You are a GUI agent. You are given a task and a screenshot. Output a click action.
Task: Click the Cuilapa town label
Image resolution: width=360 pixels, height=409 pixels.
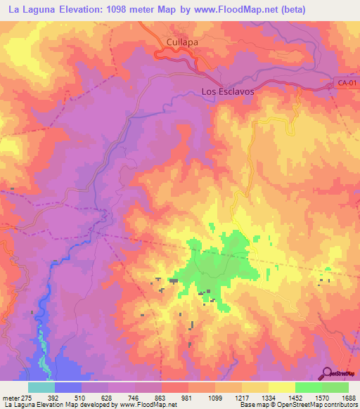tap(182, 42)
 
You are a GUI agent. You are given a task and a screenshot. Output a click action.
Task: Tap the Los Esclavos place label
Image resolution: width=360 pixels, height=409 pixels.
tap(227, 91)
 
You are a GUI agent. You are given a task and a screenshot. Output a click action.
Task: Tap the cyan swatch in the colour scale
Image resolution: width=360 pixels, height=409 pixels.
tap(41, 387)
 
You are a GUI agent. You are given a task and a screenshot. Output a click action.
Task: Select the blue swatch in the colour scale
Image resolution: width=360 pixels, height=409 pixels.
tap(68, 387)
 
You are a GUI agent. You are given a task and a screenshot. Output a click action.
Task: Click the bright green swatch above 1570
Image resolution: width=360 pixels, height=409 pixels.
tap(309, 387)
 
